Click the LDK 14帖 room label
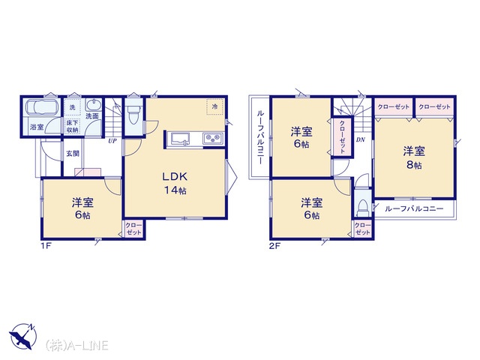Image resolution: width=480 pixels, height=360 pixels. [x=175, y=183]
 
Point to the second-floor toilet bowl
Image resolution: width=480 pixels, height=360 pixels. [x=362, y=208]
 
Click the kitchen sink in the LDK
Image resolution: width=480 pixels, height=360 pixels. [x=180, y=139]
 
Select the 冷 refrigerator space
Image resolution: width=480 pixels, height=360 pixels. [x=216, y=106]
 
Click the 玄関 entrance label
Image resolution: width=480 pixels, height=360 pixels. [x=73, y=153]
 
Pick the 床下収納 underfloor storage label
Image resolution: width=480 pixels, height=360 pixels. [x=73, y=127]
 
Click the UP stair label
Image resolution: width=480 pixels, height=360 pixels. [x=112, y=141]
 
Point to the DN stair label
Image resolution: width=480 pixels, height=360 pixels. [x=361, y=140]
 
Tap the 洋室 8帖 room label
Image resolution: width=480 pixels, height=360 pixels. [x=414, y=158]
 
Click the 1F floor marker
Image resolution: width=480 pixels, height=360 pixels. [x=46, y=246]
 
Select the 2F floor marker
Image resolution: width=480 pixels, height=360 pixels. [x=275, y=246]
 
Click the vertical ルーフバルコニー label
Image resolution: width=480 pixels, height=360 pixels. [x=260, y=136]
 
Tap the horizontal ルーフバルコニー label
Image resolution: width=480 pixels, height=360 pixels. [x=414, y=209]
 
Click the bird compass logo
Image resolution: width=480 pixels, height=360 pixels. [x=22, y=337]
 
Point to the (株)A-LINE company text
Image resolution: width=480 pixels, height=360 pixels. [x=76, y=346]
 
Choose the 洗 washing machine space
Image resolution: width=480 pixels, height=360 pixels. [x=73, y=107]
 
